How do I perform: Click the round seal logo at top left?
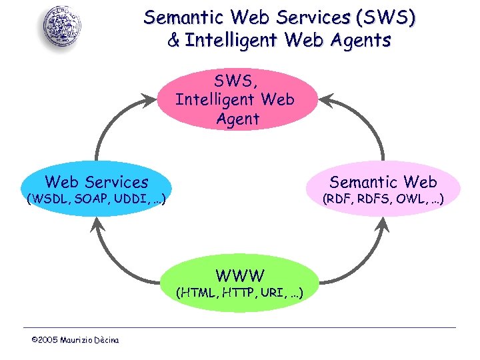(x=64, y=27)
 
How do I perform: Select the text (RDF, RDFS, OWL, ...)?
(x=383, y=199)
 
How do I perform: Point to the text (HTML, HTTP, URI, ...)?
(x=239, y=292)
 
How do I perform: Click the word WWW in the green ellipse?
(x=240, y=275)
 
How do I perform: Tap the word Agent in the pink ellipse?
(x=237, y=119)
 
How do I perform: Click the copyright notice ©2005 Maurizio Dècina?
(x=75, y=341)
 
